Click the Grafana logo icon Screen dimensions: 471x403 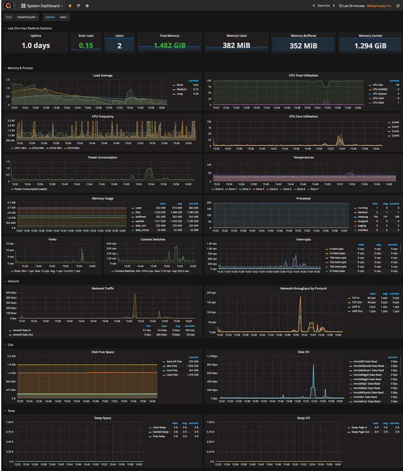click(x=8, y=6)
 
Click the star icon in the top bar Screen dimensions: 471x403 click(x=70, y=6)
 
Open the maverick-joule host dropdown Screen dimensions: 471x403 click(x=27, y=17)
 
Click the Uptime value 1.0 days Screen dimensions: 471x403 click(x=35, y=46)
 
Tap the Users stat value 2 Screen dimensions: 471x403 click(x=120, y=46)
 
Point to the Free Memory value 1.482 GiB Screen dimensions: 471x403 click(x=169, y=46)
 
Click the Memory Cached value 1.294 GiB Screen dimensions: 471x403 click(x=370, y=46)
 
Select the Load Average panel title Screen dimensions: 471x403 click(x=103, y=75)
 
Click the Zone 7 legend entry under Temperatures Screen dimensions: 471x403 click(x=314, y=189)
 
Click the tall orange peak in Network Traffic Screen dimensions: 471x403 click(x=135, y=295)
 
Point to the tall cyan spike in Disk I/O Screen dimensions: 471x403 click(x=314, y=367)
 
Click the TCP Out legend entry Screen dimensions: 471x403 click(x=357, y=302)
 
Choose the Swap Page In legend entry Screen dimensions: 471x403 click(x=359, y=427)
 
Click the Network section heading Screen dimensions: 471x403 click(x=13, y=281)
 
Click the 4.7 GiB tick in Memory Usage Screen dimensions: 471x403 click(x=10, y=202)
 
